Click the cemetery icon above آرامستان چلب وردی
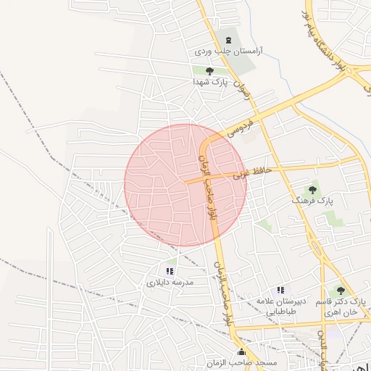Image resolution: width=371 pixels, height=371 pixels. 229,40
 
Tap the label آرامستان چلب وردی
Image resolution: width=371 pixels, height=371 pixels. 229,53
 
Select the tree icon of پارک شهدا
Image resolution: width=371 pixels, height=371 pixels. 210,71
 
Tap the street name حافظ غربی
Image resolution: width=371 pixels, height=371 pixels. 252,172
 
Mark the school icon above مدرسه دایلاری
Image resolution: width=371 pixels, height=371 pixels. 170,270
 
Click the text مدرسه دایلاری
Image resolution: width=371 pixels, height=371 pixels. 170,283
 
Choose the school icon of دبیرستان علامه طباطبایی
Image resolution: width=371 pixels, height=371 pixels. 280,290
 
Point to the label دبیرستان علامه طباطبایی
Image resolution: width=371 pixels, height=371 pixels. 280,306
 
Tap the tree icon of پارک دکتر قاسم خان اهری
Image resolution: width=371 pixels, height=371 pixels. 341,290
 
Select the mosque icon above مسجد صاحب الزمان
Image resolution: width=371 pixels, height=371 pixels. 241,353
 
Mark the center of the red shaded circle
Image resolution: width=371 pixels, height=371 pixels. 185,185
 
